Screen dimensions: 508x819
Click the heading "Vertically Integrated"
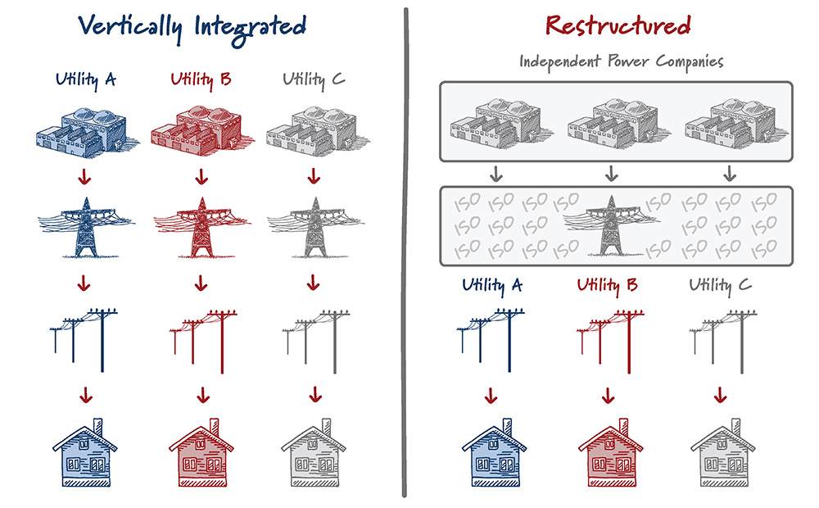(192, 26)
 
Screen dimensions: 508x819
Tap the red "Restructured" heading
(618, 26)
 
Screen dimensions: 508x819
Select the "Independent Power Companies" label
(622, 62)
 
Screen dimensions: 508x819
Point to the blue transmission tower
(85, 225)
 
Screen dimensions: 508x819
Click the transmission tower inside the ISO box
(608, 223)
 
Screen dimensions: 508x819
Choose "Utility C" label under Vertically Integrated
(314, 80)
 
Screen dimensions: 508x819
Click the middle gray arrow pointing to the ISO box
(610, 174)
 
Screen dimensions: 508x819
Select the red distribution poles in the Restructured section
(608, 336)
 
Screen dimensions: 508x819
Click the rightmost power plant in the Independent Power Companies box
(730, 122)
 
